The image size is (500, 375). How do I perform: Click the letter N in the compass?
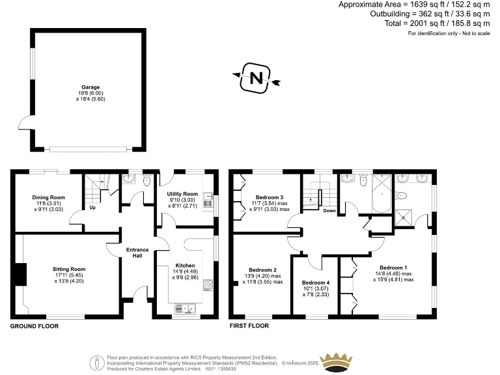(x=256, y=79)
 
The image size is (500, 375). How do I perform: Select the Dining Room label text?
(x=49, y=198)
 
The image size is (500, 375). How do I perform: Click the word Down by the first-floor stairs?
(x=329, y=210)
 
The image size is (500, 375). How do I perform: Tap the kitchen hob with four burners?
(x=209, y=285)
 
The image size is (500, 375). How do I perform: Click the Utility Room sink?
(x=208, y=196)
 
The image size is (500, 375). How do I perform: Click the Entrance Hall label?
(x=137, y=253)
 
